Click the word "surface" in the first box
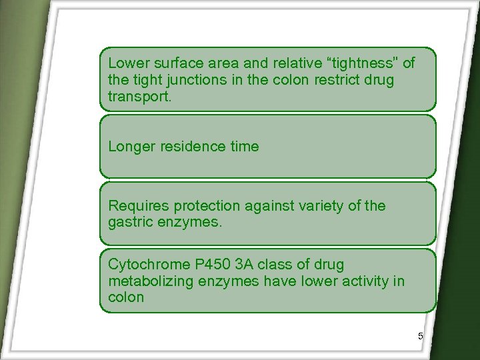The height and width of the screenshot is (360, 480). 174,63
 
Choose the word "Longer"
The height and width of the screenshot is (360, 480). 132,147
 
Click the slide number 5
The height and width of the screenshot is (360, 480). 421,337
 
